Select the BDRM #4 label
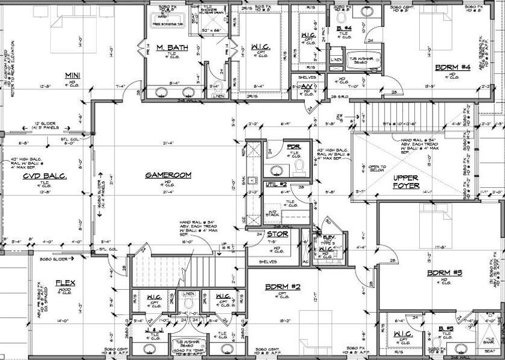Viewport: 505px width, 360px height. click(452, 67)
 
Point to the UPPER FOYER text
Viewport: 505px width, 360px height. click(406, 182)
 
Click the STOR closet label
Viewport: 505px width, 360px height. click(277, 234)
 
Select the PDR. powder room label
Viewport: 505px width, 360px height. click(293, 147)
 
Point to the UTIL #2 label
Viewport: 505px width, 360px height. click(275, 185)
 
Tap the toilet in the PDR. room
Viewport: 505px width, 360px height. click(300, 170)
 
